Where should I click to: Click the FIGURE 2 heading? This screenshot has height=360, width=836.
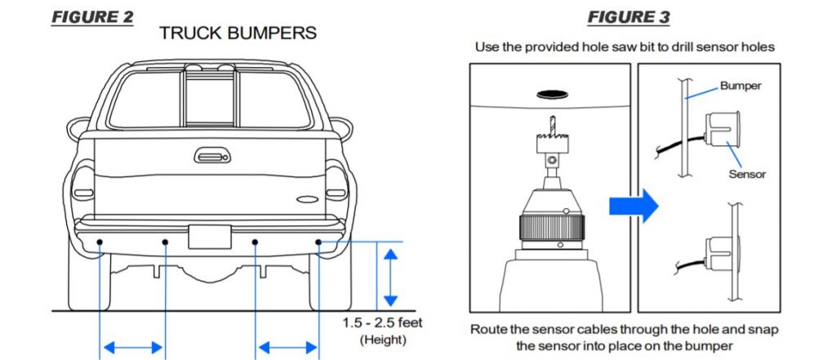click(x=92, y=17)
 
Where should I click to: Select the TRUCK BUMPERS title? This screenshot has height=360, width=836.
click(x=238, y=33)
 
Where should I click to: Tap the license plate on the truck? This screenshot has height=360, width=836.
click(x=210, y=237)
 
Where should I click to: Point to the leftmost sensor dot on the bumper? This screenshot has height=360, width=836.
click(x=99, y=242)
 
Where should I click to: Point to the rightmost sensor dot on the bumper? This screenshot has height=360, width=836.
click(x=319, y=242)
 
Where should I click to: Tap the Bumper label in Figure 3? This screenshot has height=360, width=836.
click(x=740, y=85)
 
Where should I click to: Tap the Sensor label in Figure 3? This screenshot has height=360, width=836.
click(x=746, y=174)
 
